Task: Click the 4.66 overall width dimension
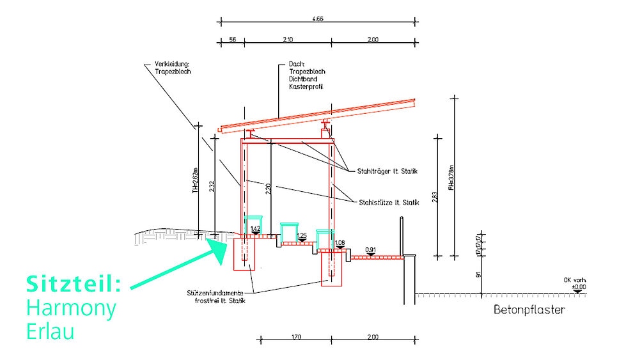(318, 20)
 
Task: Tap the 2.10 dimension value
(287, 40)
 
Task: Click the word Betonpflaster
(529, 311)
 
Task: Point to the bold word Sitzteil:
(74, 283)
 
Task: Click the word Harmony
(71, 309)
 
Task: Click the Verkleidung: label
(173, 64)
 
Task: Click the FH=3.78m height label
(451, 179)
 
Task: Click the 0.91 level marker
(370, 249)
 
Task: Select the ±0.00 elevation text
(579, 288)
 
